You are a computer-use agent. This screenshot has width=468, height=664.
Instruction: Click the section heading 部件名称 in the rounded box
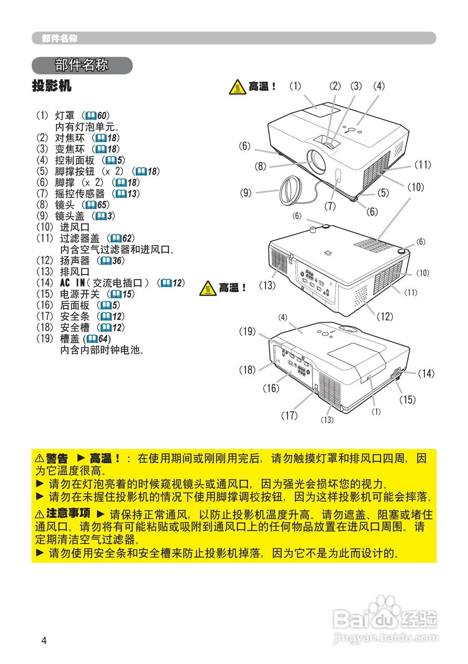(81, 65)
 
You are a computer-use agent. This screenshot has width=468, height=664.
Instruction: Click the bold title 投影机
(51, 86)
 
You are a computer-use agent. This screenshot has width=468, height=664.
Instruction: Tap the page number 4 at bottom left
(44, 640)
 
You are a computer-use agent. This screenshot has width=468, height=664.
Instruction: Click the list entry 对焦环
(70, 137)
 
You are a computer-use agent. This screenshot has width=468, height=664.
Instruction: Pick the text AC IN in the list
(72, 283)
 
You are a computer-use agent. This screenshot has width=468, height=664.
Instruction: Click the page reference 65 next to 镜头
(102, 205)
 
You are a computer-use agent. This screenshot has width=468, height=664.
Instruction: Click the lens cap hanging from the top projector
(288, 190)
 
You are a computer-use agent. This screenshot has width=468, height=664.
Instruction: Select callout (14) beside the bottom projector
(425, 373)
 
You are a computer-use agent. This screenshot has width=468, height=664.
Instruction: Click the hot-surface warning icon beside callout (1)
(238, 87)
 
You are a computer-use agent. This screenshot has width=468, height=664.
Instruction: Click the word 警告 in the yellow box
(57, 459)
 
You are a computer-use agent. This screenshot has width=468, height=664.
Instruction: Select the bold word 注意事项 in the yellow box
(68, 514)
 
